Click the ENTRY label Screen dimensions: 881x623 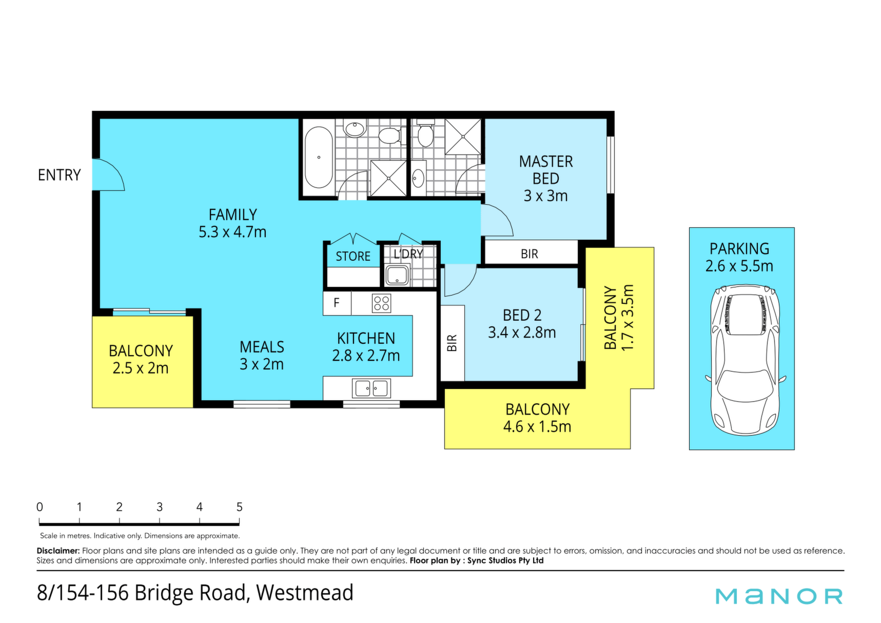[x=59, y=175]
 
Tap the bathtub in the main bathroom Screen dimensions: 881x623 [x=319, y=157]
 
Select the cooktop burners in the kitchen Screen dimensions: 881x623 [x=381, y=303]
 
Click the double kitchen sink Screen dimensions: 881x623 [x=371, y=388]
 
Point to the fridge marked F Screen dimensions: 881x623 [x=337, y=303]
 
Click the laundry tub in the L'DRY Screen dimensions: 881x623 [x=397, y=276]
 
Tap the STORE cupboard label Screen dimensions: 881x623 [x=353, y=256]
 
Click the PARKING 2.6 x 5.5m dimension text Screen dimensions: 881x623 [x=739, y=266]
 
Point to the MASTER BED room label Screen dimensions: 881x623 [x=545, y=170]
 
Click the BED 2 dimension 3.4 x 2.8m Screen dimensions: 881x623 [x=522, y=333]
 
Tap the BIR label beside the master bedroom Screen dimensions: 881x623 [x=530, y=254]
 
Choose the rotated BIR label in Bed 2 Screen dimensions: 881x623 [x=452, y=343]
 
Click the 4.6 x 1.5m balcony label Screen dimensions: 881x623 [x=537, y=426]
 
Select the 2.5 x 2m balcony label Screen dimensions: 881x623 [x=141, y=368]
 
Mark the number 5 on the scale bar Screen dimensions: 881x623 [x=239, y=507]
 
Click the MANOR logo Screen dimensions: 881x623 [x=779, y=596]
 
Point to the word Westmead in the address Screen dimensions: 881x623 [x=305, y=593]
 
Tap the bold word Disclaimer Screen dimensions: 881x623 [x=58, y=551]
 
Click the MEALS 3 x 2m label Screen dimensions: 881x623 [x=262, y=355]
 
